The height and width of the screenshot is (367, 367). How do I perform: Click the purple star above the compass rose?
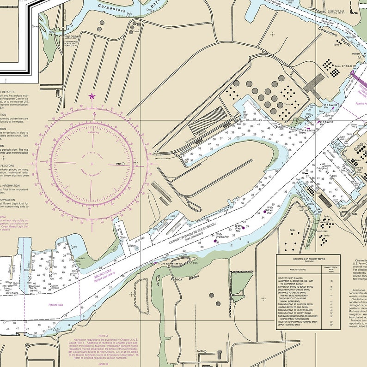[x=92, y=96]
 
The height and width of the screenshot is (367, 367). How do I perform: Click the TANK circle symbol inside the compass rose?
[x=123, y=164]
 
